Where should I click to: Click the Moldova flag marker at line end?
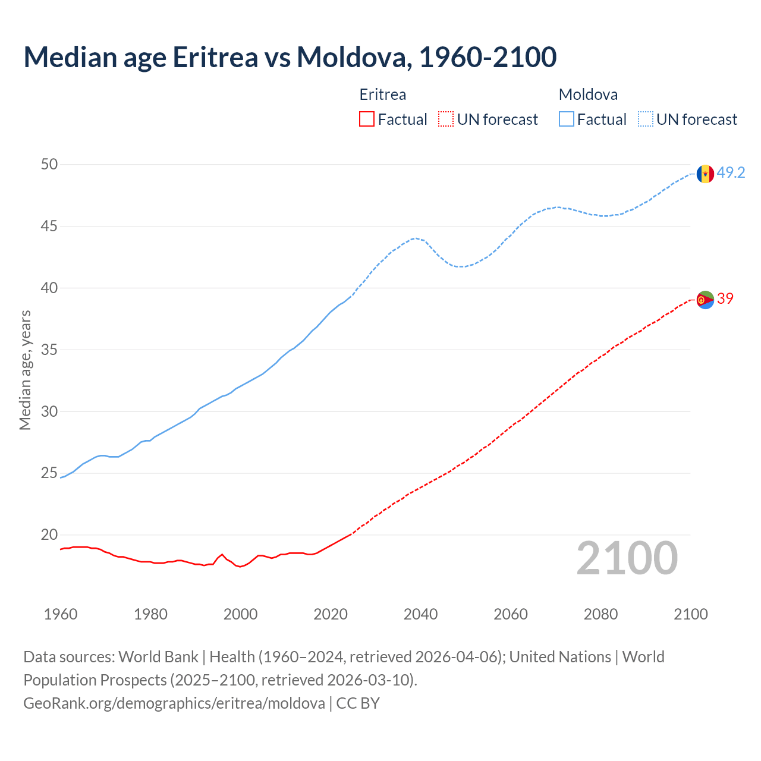[x=705, y=174]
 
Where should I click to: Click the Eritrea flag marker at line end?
[x=705, y=300]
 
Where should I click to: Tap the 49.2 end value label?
[x=731, y=173]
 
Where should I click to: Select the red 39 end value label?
[x=725, y=299]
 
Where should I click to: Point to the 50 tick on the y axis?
[x=49, y=165]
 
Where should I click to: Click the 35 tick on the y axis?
[x=49, y=350]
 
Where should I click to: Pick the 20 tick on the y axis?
[x=49, y=535]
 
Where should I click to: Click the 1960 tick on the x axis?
[x=61, y=614]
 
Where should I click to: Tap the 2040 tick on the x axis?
[x=420, y=614]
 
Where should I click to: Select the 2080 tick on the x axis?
[x=600, y=614]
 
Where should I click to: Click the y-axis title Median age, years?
[x=25, y=370]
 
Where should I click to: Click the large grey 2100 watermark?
[x=627, y=558]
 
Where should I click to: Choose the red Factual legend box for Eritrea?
[x=367, y=120]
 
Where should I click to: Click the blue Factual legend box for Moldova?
[x=567, y=120]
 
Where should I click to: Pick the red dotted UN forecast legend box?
[x=446, y=120]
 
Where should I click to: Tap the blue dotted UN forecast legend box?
[x=646, y=120]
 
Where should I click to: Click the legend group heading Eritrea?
[x=383, y=95]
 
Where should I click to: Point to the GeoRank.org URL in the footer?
[x=174, y=703]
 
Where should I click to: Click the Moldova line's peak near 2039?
[x=416, y=238]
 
